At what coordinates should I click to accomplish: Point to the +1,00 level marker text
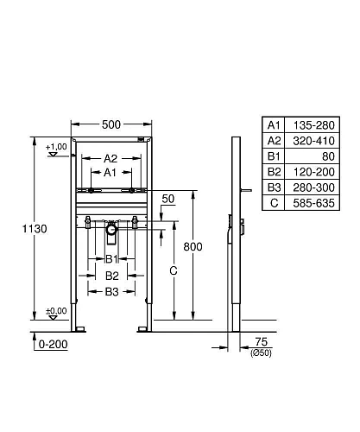[x=57, y=146]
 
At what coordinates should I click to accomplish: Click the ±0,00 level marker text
[x=56, y=310]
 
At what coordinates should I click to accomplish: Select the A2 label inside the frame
[x=112, y=158]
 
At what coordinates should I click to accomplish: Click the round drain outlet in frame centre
[x=111, y=231]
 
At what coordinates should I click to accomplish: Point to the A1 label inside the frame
[x=112, y=172]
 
